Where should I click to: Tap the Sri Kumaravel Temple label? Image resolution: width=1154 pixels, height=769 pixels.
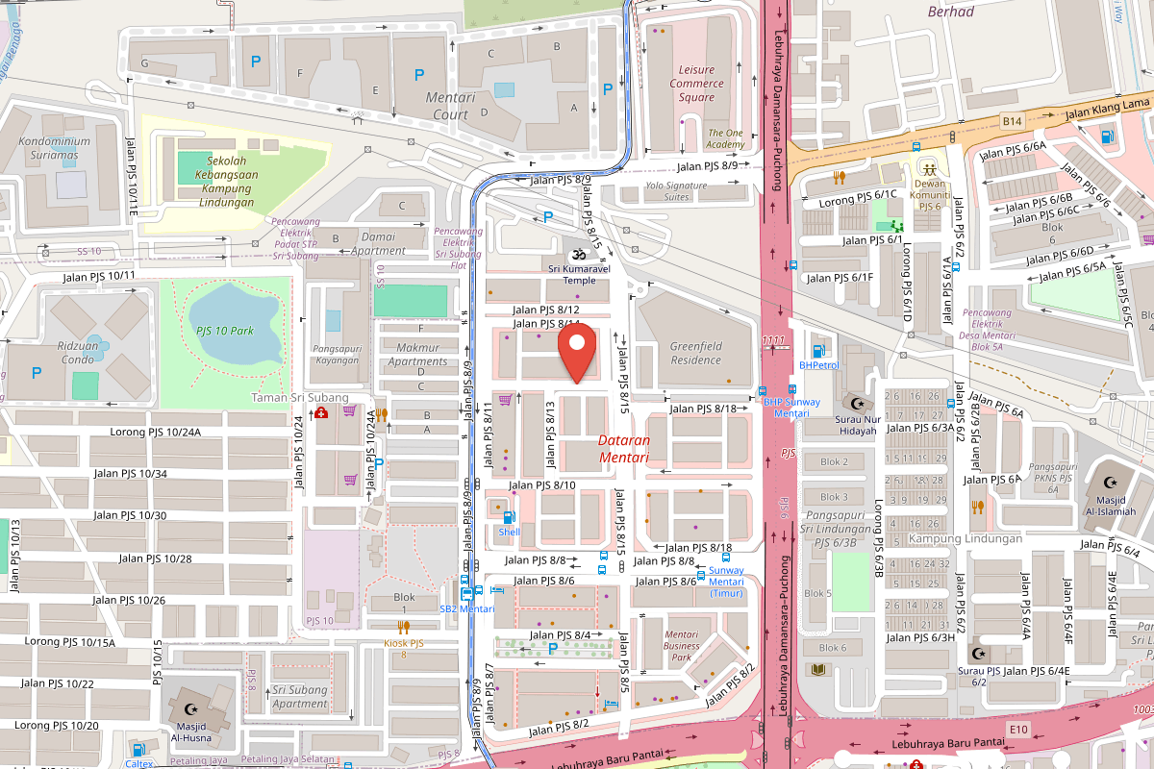pyautogui.click(x=579, y=275)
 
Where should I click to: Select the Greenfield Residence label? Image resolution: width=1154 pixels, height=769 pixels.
pyautogui.click(x=695, y=353)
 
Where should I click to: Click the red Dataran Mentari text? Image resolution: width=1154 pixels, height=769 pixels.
pyautogui.click(x=624, y=449)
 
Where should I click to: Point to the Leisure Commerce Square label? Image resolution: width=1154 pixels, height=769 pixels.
pyautogui.click(x=697, y=84)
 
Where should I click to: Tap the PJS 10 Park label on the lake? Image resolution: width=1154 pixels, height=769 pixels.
pyautogui.click(x=224, y=331)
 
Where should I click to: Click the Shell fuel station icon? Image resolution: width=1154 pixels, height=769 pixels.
pyautogui.click(x=508, y=518)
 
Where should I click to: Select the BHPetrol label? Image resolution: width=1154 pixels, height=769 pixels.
pyautogui.click(x=819, y=365)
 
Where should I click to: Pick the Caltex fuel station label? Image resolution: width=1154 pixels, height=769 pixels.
pyautogui.click(x=139, y=763)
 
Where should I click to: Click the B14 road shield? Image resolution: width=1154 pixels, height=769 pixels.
pyautogui.click(x=1009, y=121)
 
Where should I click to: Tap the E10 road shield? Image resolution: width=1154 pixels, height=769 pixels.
pyautogui.click(x=1018, y=731)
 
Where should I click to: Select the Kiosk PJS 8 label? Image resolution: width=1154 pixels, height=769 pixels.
pyautogui.click(x=404, y=648)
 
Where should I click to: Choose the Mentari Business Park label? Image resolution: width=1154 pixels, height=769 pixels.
pyautogui.click(x=682, y=646)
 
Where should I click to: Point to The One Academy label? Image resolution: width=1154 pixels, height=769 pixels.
pyautogui.click(x=726, y=138)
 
